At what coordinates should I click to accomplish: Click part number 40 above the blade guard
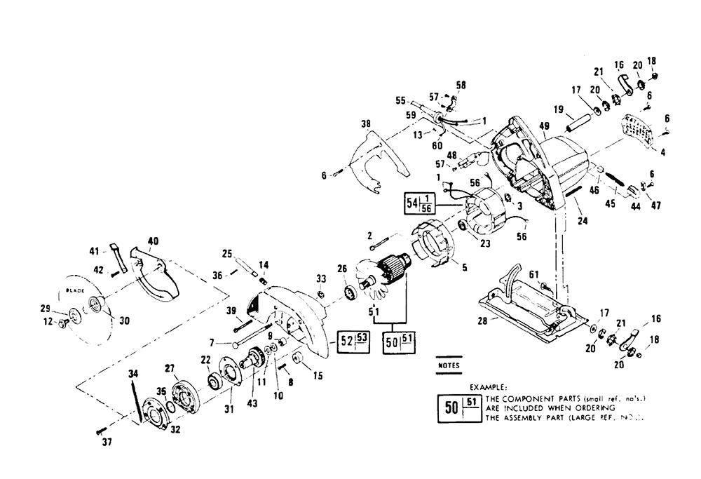click(x=153, y=241)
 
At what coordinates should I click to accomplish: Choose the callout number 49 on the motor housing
click(x=545, y=126)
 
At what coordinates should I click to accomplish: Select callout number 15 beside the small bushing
click(x=318, y=375)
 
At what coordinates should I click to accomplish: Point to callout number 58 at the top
click(x=461, y=85)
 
